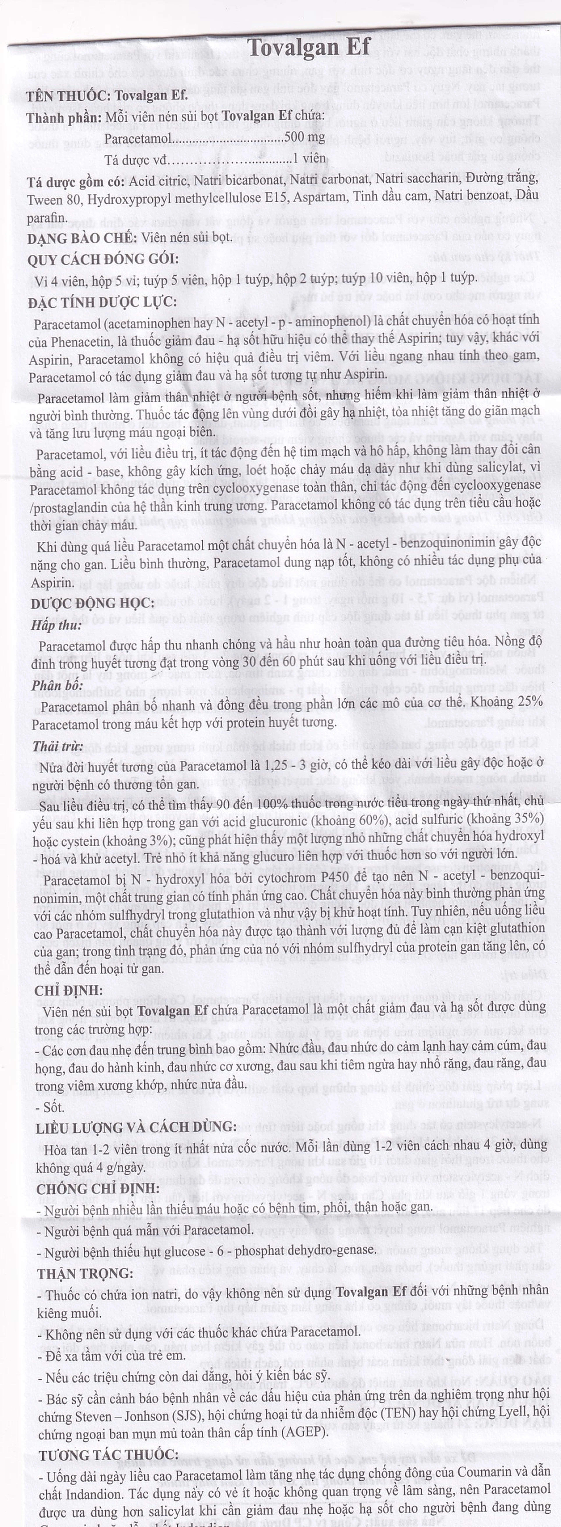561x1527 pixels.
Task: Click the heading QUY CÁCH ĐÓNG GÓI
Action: [103, 259]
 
